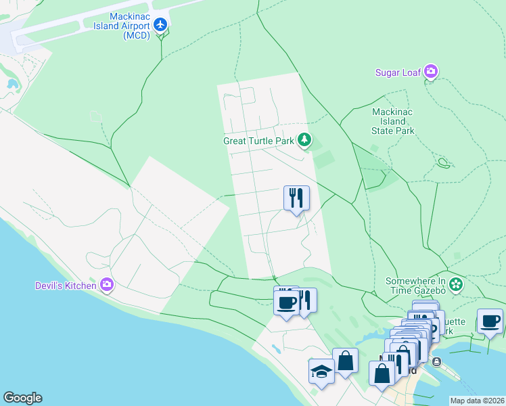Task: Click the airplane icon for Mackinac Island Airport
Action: pos(160,25)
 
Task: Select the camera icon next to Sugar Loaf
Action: pos(431,72)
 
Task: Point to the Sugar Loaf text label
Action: pos(398,72)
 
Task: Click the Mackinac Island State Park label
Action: pos(393,121)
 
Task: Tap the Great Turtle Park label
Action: pos(259,141)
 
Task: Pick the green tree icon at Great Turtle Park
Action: pos(305,140)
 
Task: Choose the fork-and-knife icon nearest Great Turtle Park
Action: pos(296,198)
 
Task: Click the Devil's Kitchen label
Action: pos(66,285)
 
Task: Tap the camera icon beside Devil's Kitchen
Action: pos(106,285)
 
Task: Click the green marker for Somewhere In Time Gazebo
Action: pos(457,284)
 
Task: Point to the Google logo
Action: pos(22,398)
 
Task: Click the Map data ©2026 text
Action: pos(476,401)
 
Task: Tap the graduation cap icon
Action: pos(321,370)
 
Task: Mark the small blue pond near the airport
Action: pos(11,85)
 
